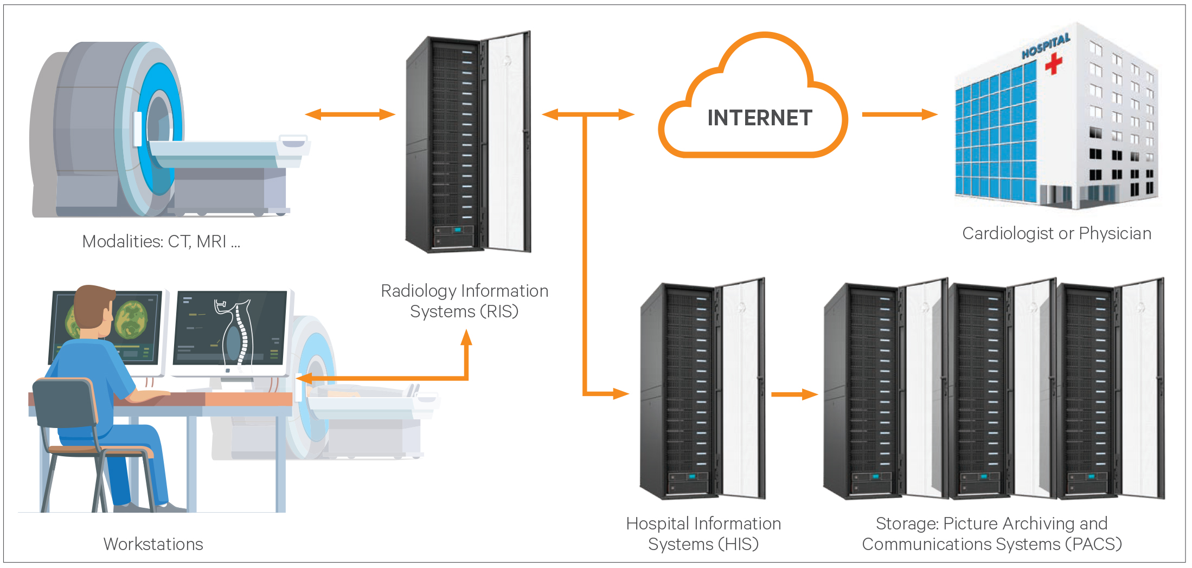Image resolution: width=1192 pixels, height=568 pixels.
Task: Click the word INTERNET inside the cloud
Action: click(759, 118)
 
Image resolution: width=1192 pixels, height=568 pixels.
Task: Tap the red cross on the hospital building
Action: click(1053, 63)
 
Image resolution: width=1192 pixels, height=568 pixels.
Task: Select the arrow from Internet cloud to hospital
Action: click(899, 114)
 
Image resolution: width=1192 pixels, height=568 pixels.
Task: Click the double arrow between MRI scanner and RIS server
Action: click(350, 114)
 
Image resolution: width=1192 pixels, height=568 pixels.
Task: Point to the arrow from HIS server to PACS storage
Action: click(794, 394)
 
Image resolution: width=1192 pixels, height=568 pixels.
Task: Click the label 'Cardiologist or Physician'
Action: click(1056, 233)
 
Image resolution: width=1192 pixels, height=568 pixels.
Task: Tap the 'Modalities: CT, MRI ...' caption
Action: click(161, 241)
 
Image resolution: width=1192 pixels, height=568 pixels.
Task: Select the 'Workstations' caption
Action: click(153, 544)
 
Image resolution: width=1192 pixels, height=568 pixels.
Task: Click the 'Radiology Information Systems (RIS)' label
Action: click(464, 301)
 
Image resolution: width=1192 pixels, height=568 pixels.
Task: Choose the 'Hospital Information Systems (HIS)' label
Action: click(703, 534)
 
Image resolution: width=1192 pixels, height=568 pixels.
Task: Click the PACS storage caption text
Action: click(991, 534)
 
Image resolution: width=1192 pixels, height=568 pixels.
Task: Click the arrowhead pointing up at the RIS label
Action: click(466, 337)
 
